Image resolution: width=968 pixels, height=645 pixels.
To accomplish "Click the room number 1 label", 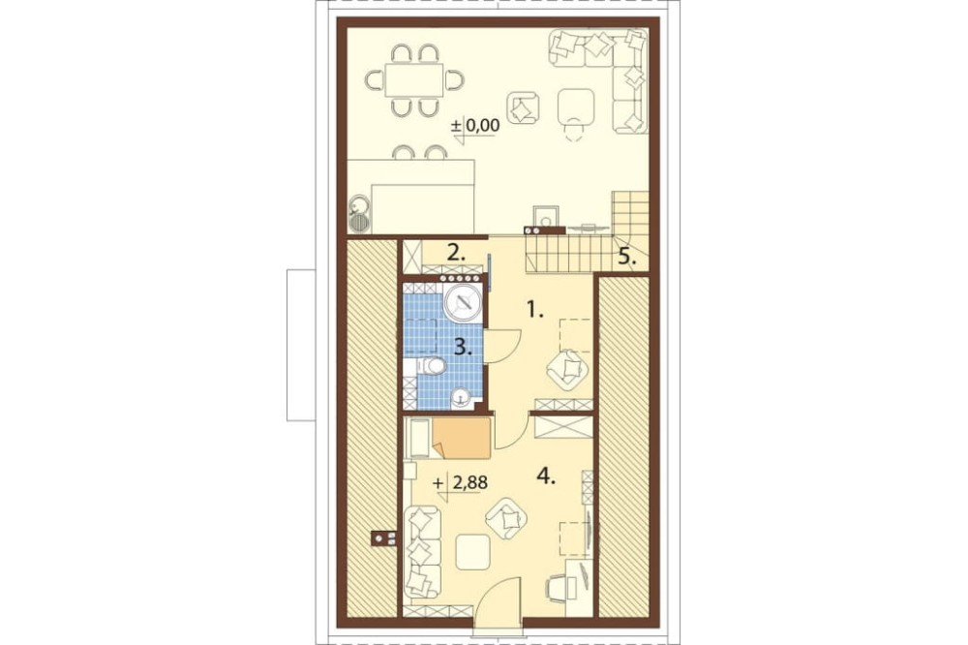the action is point(534,309).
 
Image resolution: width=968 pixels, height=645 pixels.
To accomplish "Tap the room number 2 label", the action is point(456,253).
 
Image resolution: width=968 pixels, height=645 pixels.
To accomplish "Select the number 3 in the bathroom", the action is point(463,348).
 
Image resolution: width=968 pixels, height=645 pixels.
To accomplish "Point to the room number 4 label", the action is point(546,476).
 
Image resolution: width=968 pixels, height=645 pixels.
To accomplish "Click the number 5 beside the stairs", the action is point(626,257).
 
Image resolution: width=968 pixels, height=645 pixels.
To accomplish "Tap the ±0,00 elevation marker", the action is point(474,127).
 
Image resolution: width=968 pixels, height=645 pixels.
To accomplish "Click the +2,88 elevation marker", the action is point(461,482).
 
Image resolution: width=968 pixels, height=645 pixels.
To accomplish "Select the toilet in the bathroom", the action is point(431,366).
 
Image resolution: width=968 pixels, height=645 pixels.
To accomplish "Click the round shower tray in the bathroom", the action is point(462,303).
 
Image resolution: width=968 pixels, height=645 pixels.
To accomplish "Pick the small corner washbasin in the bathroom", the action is point(462,398).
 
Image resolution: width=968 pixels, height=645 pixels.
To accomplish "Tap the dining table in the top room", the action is point(413,79).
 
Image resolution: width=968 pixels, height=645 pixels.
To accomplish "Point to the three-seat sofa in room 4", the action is point(423,552).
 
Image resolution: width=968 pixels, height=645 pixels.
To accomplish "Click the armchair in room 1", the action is point(567,369).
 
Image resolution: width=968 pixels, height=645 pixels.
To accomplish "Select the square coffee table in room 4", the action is point(473,552).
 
